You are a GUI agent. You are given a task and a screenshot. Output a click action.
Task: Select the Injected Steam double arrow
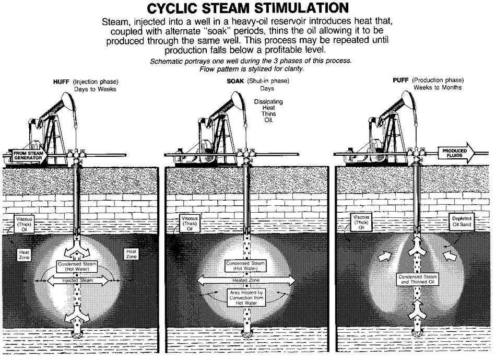(x=79, y=281)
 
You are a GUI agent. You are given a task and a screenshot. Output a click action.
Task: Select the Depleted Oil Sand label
(x=462, y=222)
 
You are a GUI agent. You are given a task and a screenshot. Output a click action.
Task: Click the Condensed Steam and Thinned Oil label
(x=418, y=279)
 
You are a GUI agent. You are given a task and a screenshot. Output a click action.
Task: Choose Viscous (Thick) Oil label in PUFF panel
(x=361, y=223)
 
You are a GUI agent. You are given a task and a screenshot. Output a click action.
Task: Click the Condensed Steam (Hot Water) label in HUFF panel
(x=79, y=266)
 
